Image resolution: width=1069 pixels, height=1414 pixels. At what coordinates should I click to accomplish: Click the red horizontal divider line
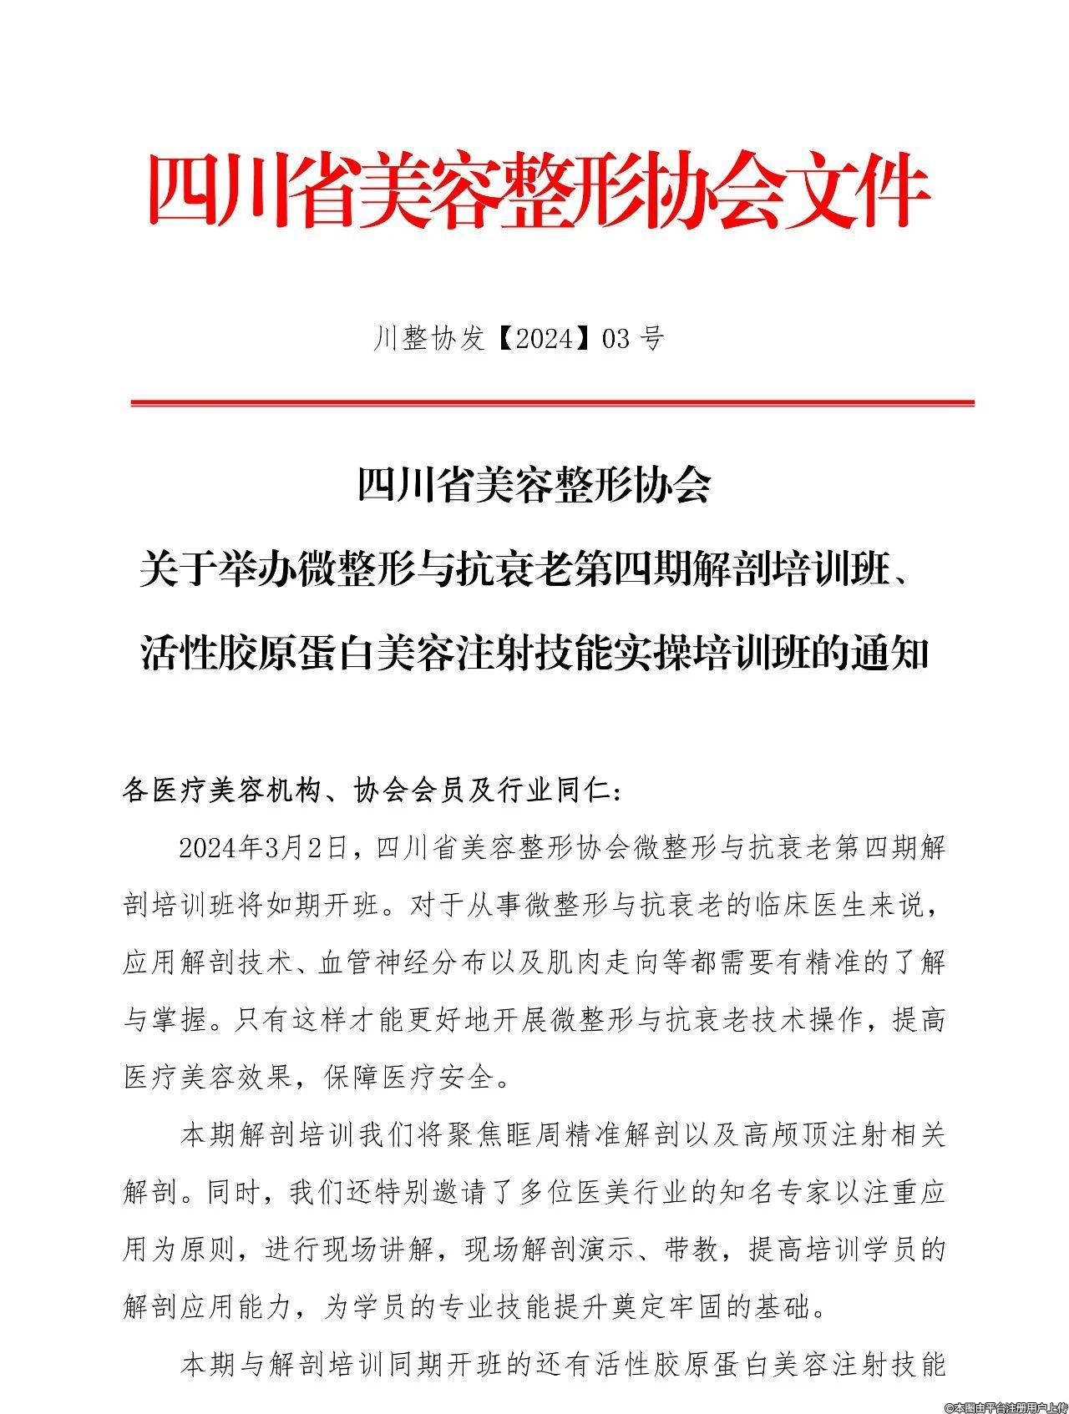(552, 403)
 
